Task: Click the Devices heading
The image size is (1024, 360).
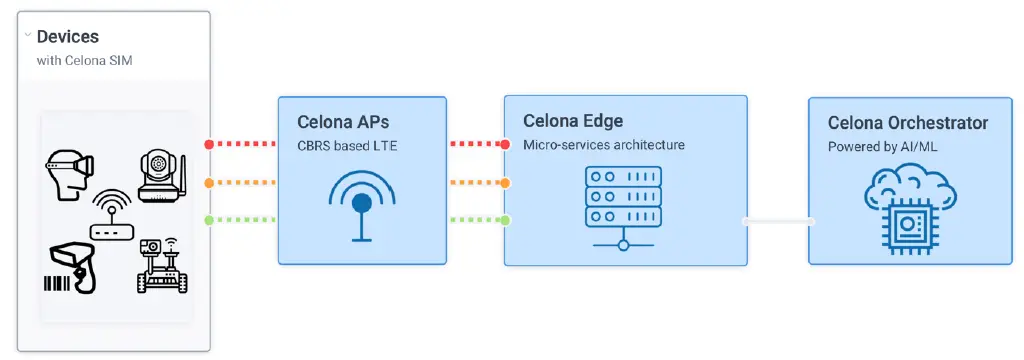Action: coord(67,37)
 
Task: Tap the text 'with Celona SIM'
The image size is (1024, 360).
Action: coord(85,61)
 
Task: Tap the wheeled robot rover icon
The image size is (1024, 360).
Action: coord(160,265)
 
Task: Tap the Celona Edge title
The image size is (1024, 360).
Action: coord(573,121)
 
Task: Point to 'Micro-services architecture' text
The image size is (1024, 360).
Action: coord(604,145)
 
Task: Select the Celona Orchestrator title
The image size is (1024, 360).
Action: coord(908,123)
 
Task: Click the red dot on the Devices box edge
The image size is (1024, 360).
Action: coord(209,144)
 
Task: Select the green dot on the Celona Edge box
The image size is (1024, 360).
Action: coord(506,220)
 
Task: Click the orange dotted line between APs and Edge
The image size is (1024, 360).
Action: coord(476,183)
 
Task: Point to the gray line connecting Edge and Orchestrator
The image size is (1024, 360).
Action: coord(778,221)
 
